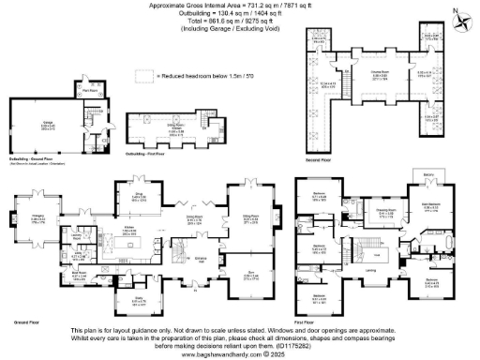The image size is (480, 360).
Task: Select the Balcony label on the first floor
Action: click(428, 174)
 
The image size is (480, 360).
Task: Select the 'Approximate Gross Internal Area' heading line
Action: click(240, 6)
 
